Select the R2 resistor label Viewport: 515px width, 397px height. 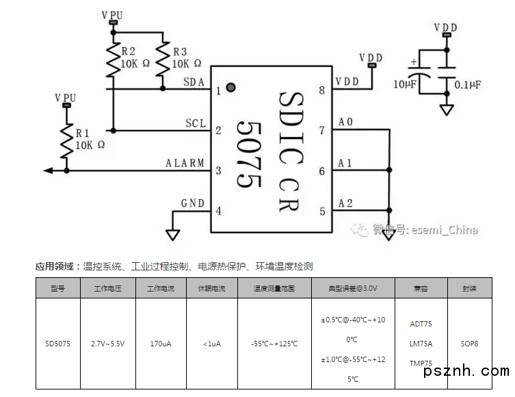click(128, 51)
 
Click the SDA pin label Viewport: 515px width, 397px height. click(194, 82)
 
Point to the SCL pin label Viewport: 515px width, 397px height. click(196, 123)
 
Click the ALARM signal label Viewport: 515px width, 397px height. click(185, 163)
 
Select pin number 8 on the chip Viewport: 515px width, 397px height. click(321, 90)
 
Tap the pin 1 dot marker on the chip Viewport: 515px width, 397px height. click(230, 87)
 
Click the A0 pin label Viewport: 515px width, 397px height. click(346, 123)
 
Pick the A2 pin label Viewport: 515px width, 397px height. click(346, 203)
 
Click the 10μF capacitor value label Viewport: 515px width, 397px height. click(405, 84)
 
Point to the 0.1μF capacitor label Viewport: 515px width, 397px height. click(468, 84)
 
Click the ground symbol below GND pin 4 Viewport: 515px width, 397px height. click(173, 234)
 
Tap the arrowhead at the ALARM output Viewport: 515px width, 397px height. click(47, 170)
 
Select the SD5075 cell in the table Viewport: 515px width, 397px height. click(57, 344)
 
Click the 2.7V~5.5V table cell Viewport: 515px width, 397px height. click(108, 344)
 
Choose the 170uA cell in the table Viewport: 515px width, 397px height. click(161, 344)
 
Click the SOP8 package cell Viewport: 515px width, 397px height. click(470, 344)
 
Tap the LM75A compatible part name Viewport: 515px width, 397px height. click(421, 344)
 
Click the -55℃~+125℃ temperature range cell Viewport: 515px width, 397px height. click(274, 344)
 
